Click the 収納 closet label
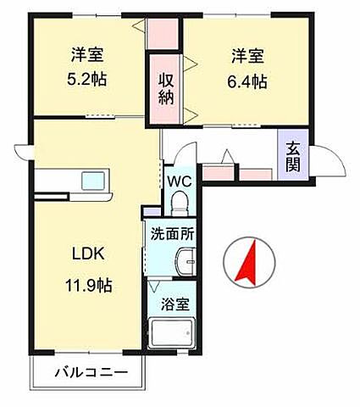166,89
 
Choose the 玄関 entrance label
293,154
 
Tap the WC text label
179,181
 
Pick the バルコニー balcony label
92,372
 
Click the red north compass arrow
246,260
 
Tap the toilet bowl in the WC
180,203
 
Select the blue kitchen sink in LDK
91,181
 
